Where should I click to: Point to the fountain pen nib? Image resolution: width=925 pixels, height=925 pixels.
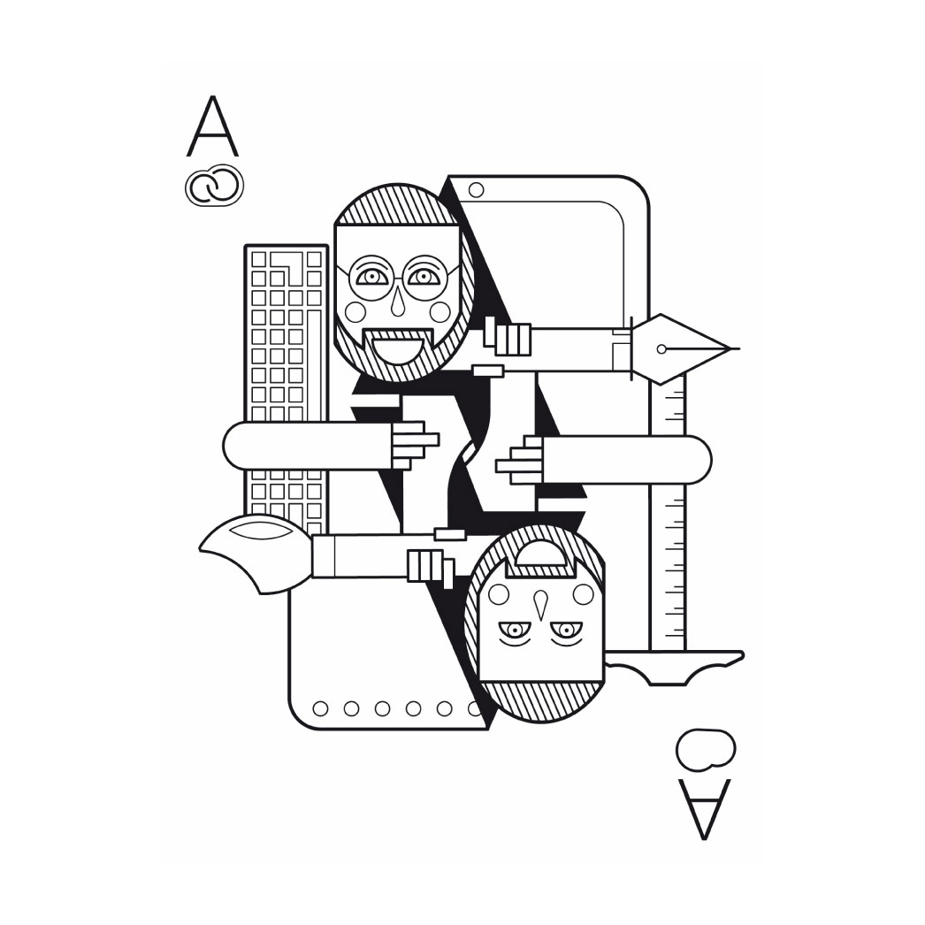[x=684, y=348]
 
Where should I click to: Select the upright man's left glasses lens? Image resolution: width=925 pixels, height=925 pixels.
[x=371, y=278]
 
